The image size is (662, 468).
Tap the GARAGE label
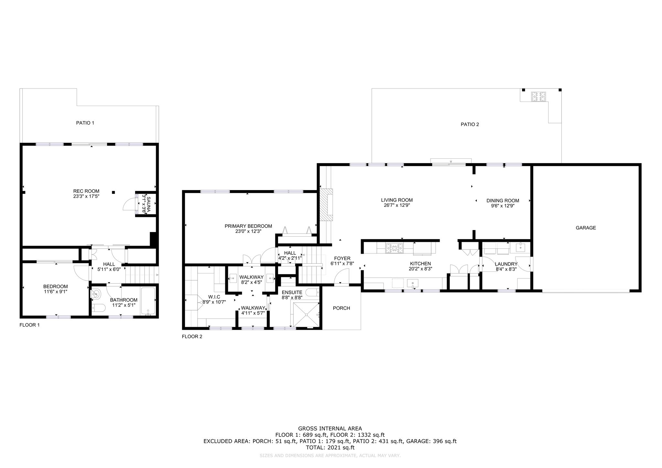click(x=586, y=228)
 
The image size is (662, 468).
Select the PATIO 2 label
click(x=470, y=124)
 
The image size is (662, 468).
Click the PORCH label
click(x=341, y=308)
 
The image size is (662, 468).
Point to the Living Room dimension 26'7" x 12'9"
click(x=397, y=205)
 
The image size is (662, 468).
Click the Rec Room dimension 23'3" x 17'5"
click(x=86, y=196)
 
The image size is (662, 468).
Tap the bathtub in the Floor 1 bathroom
click(x=148, y=301)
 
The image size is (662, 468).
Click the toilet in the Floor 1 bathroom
click(x=97, y=308)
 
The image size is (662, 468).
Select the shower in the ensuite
click(x=305, y=314)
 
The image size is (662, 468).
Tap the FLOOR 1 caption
click(x=29, y=325)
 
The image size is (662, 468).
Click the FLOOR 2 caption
click(x=192, y=336)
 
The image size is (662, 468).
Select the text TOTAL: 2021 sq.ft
click(x=330, y=448)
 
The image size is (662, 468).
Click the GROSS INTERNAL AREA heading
click(x=330, y=429)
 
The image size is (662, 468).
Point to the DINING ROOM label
click(x=503, y=200)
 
